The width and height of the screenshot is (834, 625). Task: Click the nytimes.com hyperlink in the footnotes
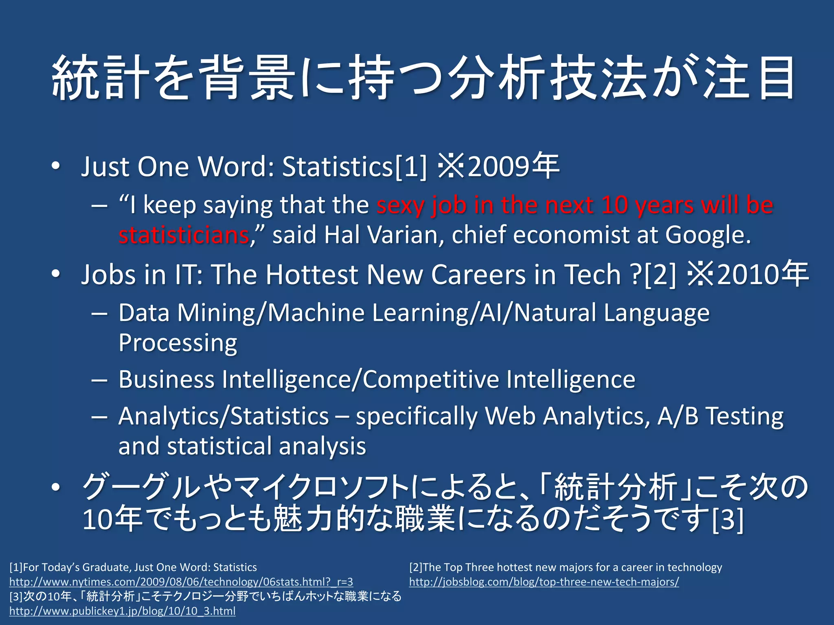tap(181, 582)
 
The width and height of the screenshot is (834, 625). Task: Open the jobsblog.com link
tap(544, 582)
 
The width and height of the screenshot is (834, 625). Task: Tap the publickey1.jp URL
tap(123, 611)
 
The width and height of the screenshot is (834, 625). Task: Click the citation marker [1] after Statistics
tap(411, 167)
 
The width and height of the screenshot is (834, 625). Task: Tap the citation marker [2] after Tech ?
tap(660, 275)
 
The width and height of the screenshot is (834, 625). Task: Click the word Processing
tap(178, 343)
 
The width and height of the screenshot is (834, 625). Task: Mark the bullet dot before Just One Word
tap(56, 167)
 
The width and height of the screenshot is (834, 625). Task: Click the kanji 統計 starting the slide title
tap(100, 78)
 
